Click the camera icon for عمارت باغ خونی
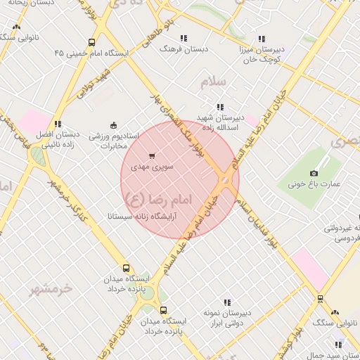[314, 173]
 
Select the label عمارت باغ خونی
[314, 185]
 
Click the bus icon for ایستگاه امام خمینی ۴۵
[92, 42]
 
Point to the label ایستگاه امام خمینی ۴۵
[92, 53]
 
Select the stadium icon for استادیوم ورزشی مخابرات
[113, 124]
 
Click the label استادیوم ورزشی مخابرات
[115, 140]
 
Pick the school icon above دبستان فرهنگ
[184, 38]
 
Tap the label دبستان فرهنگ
[184, 49]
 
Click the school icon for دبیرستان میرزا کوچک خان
[262, 39]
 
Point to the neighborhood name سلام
[216, 82]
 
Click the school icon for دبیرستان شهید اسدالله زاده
[221, 106]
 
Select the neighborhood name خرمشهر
[52, 288]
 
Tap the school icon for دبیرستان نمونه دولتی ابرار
[226, 302]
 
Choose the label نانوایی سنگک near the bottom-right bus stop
[333, 322]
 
